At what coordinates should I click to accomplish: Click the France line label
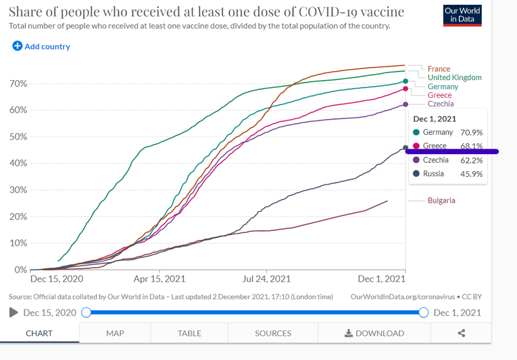(439, 69)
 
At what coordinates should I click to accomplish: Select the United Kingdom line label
(454, 78)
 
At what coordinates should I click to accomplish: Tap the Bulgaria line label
(441, 201)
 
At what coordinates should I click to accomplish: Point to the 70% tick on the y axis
(18, 84)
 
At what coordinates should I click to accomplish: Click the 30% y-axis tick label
(18, 190)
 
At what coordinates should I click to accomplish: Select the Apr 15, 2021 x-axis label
(160, 279)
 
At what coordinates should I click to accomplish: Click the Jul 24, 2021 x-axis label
(266, 279)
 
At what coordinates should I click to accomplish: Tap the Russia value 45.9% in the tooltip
(471, 174)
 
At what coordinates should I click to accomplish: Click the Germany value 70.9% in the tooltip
(471, 132)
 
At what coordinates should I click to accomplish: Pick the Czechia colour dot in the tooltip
(416, 160)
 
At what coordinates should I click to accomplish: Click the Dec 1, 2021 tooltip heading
(434, 119)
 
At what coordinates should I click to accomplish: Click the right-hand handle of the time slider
(424, 313)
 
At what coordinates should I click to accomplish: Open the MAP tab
(115, 333)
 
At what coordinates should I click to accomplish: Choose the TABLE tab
(189, 333)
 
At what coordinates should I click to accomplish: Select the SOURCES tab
(273, 333)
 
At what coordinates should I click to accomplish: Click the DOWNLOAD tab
(374, 333)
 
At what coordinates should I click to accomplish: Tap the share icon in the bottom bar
(461, 333)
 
